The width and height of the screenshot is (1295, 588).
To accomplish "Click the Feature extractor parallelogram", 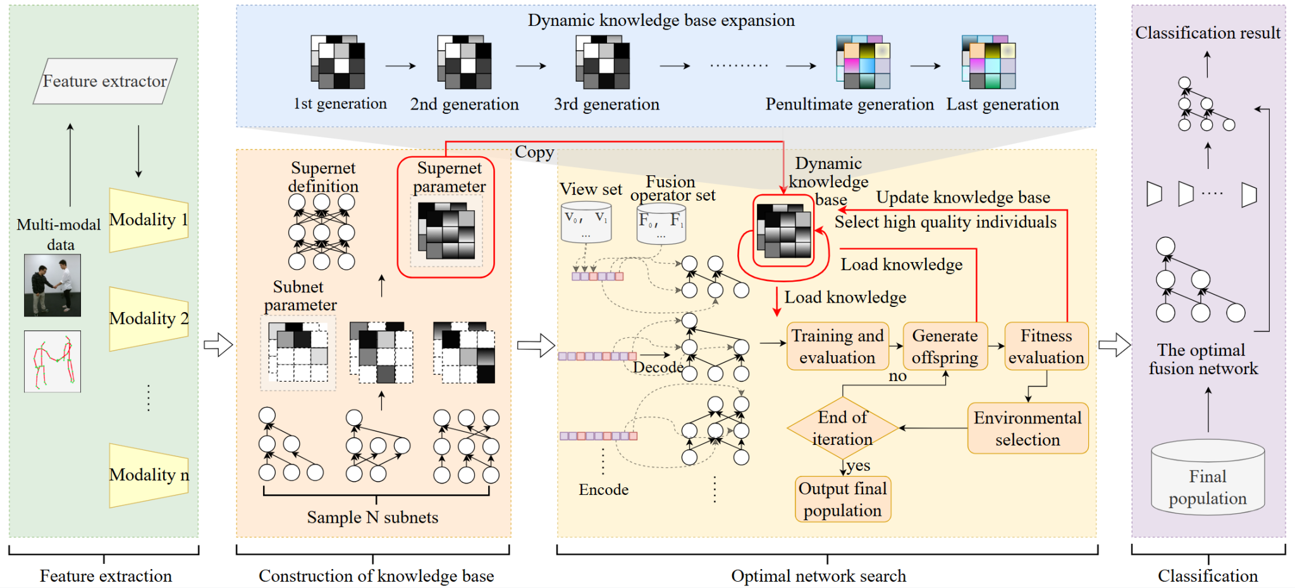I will [105, 82].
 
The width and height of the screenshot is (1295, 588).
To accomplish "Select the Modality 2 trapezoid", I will [149, 318].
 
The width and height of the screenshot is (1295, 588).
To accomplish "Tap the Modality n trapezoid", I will [149, 475].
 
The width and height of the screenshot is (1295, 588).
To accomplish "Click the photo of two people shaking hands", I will [52, 285].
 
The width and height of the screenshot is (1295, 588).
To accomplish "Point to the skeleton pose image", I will [52, 361].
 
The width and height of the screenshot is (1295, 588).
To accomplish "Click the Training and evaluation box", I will [837, 346].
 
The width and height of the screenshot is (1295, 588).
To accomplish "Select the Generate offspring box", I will [945, 346].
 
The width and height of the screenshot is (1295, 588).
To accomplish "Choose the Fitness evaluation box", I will [1046, 346].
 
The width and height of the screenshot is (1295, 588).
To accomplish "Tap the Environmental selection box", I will [1028, 428].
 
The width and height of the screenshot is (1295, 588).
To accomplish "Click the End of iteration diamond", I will [842, 428].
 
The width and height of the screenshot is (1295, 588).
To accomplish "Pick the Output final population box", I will [842, 499].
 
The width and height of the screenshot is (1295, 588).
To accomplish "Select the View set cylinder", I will [586, 222].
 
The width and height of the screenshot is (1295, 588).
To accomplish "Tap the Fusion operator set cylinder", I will [661, 223].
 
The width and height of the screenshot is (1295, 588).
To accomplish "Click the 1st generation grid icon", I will [338, 62].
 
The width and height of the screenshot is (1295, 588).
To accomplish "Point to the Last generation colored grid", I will [989, 62].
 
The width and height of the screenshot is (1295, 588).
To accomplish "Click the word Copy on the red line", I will [534, 152].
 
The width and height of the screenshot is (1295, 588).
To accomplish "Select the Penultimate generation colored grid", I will [863, 62].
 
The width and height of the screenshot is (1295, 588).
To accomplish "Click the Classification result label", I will [1207, 33].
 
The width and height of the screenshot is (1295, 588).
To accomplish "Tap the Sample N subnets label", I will [372, 517].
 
